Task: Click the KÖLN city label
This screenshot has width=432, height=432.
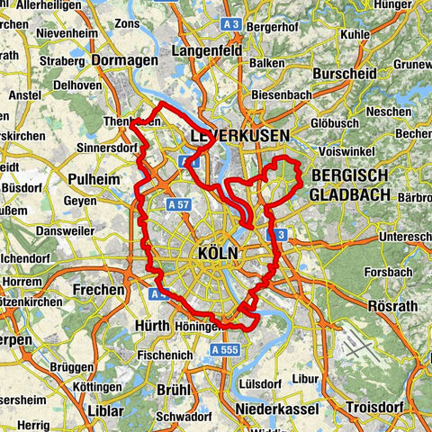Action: point(215,254)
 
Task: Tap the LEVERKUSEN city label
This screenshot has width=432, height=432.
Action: point(239,135)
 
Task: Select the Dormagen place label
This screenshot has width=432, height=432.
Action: point(124,60)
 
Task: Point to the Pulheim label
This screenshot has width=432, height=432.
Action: point(94,179)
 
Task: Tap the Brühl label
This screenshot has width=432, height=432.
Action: point(174,390)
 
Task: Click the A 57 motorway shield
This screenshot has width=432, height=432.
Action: point(178,206)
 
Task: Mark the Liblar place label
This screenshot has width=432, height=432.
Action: point(106,410)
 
